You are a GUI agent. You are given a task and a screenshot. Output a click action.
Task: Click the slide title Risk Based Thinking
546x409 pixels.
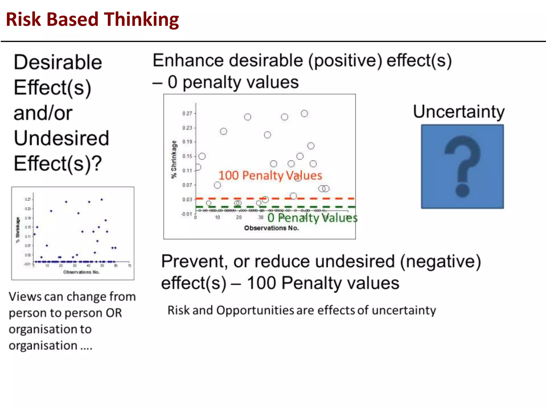(92, 20)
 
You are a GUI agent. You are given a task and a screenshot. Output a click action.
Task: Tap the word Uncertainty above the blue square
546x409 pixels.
(459, 112)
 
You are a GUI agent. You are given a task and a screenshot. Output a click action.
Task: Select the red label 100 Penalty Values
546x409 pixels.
(270, 175)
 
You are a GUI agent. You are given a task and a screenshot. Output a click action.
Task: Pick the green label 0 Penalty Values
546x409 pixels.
(312, 218)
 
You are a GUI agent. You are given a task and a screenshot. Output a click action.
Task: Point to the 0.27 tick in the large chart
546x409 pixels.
(187, 113)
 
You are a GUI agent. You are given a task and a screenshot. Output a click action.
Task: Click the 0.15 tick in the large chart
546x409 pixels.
(187, 156)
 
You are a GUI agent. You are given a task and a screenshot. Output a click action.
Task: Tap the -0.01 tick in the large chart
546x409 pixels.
(187, 214)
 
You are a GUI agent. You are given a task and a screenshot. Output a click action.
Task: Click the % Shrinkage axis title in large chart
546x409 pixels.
(174, 159)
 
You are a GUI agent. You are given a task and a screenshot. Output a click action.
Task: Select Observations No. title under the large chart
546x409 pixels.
(271, 228)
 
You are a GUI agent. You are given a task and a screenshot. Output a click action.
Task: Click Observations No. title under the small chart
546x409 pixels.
(81, 272)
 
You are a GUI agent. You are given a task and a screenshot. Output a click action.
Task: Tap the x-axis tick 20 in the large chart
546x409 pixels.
(239, 218)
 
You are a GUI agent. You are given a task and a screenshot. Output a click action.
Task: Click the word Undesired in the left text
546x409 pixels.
(61, 138)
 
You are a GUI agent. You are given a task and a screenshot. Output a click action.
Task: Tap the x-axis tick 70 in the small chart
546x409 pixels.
(130, 266)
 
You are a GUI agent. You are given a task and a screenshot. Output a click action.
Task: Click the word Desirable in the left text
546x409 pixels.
(58, 62)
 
